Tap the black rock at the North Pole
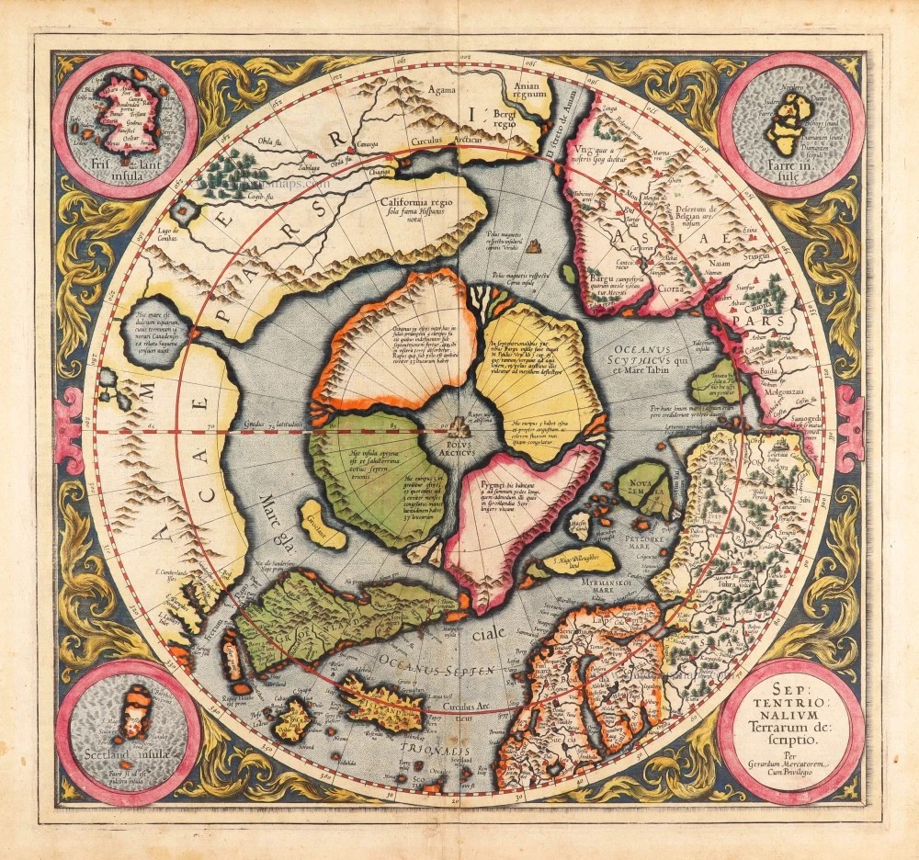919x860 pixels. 459,425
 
